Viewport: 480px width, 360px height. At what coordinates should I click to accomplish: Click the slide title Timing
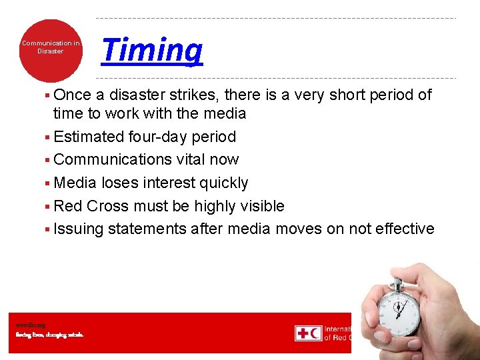click(152, 51)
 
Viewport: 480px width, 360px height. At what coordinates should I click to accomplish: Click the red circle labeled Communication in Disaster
click(51, 50)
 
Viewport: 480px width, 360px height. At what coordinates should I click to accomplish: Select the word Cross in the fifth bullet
click(109, 206)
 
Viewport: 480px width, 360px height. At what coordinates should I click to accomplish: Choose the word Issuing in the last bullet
click(79, 229)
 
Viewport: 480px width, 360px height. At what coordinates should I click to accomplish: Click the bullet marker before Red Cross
click(49, 207)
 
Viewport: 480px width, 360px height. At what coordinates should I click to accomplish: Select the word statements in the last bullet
click(147, 229)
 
